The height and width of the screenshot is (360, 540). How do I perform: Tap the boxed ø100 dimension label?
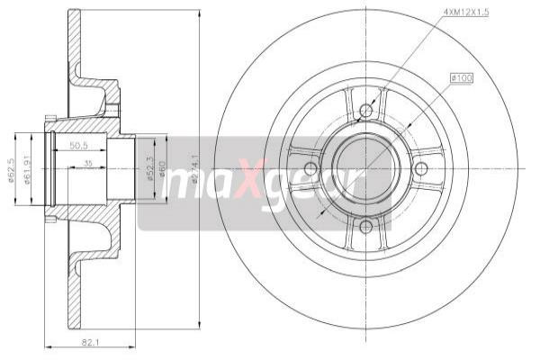click(x=461, y=78)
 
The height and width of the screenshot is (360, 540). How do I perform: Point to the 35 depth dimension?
click(x=87, y=164)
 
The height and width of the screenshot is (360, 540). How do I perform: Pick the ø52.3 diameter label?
click(x=149, y=168)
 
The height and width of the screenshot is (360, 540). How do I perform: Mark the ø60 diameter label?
click(x=162, y=168)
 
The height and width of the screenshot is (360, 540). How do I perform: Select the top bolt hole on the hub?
click(x=365, y=112)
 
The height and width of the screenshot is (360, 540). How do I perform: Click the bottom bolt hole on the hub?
click(x=365, y=225)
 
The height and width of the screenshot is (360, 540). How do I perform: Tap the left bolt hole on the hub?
click(x=310, y=168)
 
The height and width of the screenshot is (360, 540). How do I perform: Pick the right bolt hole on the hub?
click(x=421, y=168)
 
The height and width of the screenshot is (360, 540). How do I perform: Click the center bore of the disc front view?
click(x=365, y=168)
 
